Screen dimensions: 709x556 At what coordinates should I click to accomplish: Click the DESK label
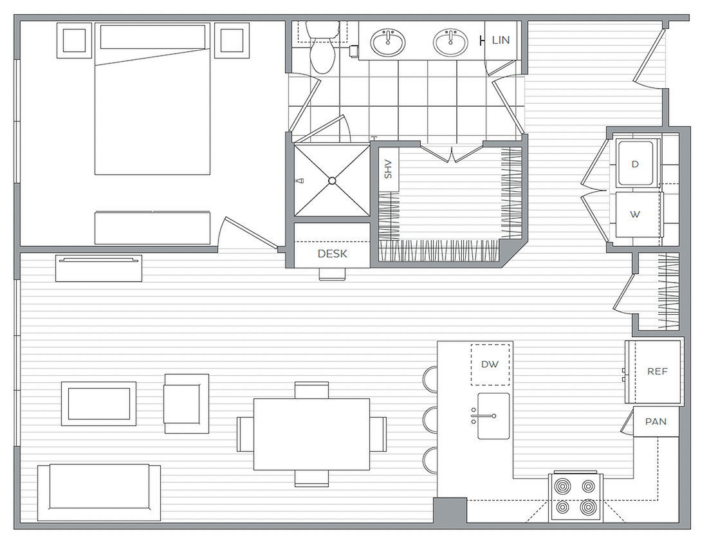(333, 254)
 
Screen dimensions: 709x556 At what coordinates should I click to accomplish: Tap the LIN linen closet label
(501, 40)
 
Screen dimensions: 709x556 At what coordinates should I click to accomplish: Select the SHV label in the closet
(388, 169)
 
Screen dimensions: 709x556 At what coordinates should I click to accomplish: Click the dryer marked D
(635, 163)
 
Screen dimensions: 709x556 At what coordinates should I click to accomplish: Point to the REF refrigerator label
(657, 371)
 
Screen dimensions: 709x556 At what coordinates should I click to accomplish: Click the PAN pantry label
(656, 422)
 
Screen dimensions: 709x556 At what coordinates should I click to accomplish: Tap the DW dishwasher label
(490, 364)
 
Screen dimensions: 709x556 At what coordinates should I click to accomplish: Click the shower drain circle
(333, 181)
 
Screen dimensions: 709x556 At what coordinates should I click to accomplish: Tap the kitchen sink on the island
(493, 416)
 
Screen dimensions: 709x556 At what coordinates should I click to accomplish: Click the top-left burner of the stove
(562, 486)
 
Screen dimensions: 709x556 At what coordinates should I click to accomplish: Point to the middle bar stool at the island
(430, 420)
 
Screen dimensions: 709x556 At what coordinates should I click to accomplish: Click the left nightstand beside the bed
(74, 41)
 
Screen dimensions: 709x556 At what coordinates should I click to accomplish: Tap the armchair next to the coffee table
(187, 403)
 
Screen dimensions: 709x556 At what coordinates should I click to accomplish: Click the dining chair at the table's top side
(311, 390)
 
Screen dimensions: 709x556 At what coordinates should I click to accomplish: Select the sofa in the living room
(99, 492)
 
